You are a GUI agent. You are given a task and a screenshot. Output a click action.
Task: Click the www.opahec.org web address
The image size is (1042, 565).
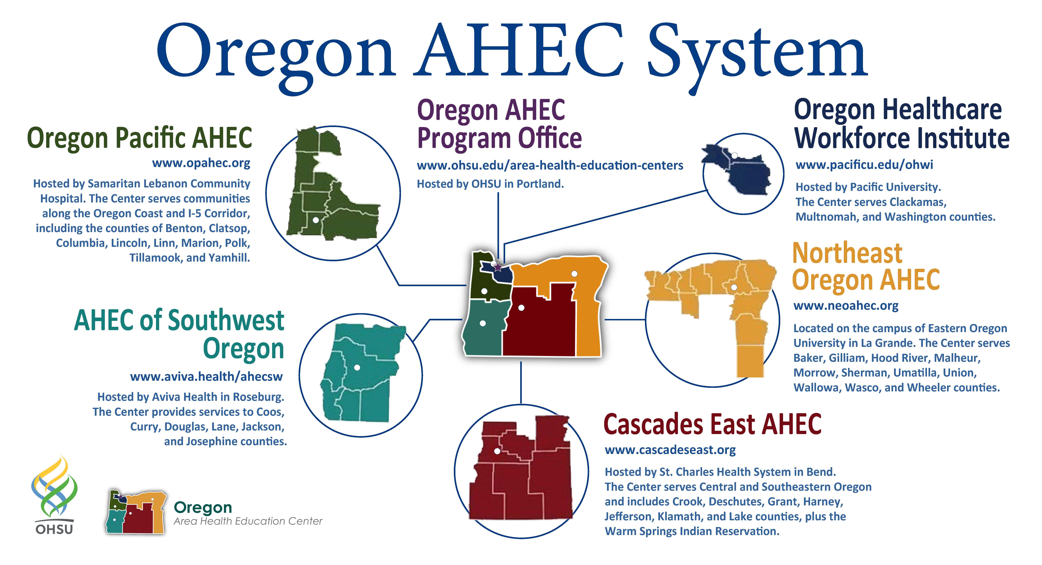tap(201, 163)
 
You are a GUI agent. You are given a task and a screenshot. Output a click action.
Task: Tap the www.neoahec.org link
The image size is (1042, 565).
tap(846, 306)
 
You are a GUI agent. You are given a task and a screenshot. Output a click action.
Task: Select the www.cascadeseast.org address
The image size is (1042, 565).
tap(670, 450)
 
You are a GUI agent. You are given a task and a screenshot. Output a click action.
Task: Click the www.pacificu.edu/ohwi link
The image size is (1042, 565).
tap(864, 165)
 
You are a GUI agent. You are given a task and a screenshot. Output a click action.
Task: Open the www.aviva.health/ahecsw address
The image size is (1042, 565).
tap(206, 377)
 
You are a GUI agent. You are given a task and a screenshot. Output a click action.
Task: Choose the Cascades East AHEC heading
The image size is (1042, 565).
tap(712, 424)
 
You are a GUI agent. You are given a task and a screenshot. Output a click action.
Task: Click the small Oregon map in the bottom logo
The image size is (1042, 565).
tap(136, 512)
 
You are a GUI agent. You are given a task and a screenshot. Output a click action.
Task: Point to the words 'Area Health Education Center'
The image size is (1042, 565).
tap(248, 521)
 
